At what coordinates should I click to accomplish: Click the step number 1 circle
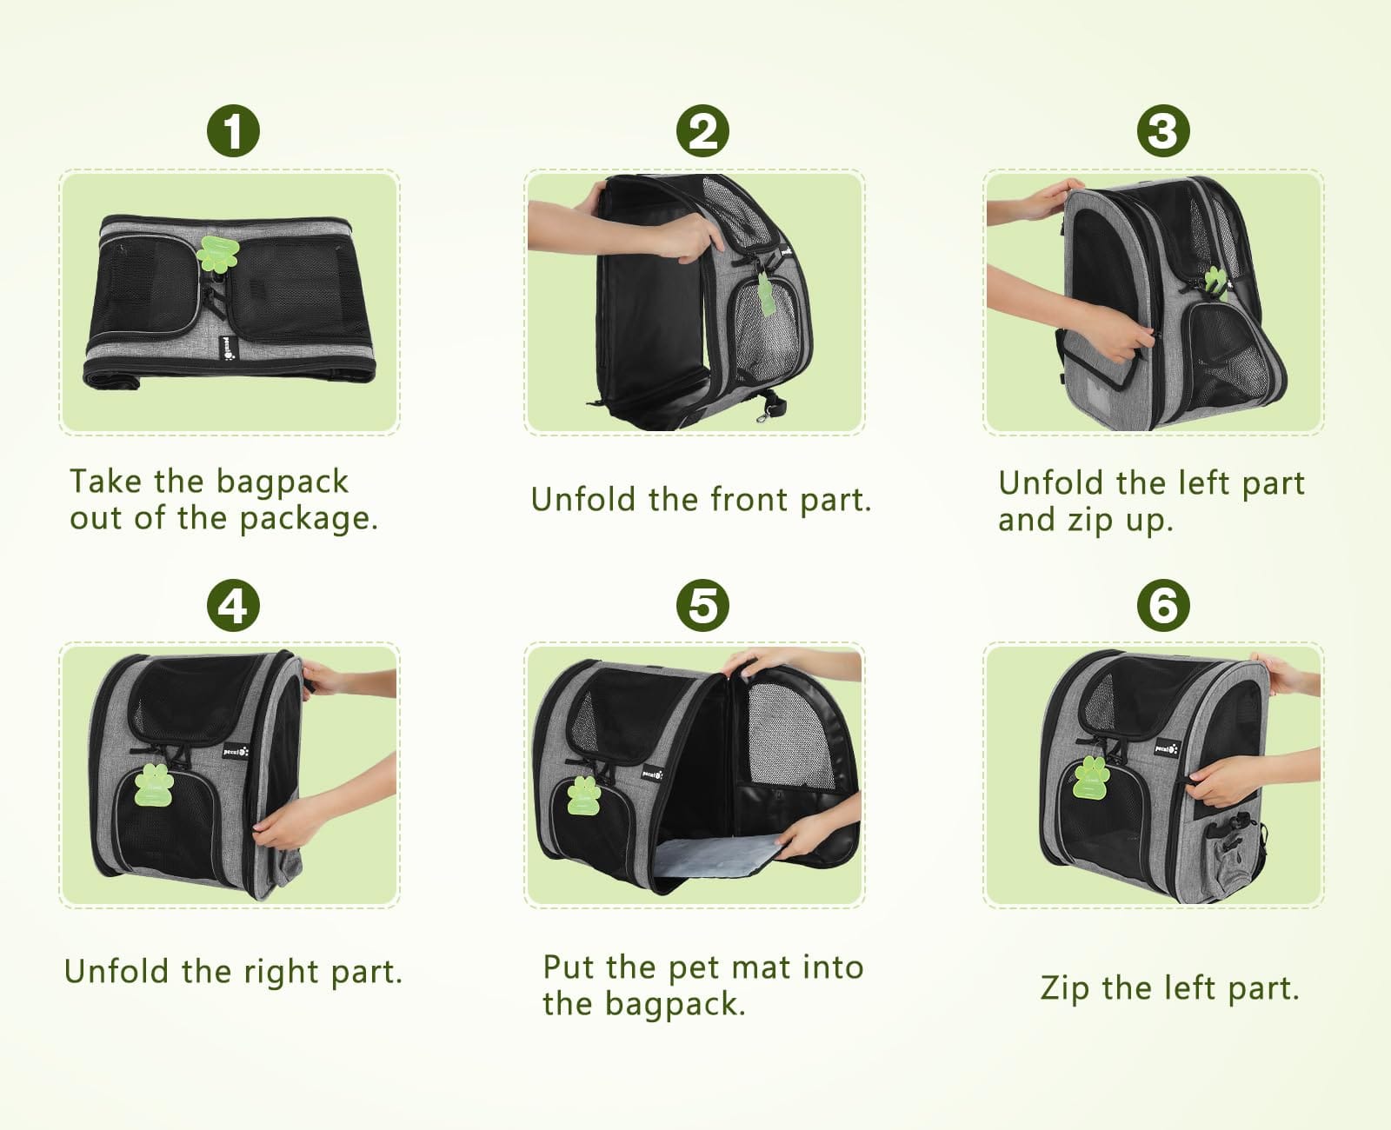coord(233,130)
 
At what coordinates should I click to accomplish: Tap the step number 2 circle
coord(702,130)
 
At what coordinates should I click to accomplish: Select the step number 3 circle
coord(1163,130)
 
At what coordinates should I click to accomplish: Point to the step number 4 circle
coord(233,605)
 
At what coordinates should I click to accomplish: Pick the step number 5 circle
coord(702,605)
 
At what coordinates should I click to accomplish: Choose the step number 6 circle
coord(1163,605)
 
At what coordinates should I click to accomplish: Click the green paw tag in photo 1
coord(217,254)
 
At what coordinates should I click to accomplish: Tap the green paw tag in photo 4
coord(154,785)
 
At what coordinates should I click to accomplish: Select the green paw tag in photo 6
coord(1091,777)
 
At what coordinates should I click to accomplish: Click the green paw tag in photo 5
coord(583,795)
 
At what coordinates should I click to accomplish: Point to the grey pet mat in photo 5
coord(717,855)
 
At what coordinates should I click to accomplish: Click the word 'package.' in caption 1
coord(309,520)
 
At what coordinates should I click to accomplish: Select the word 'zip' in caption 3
coord(1090,522)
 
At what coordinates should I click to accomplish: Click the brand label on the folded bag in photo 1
coord(229,349)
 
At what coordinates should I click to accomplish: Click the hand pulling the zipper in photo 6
coord(1220,780)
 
